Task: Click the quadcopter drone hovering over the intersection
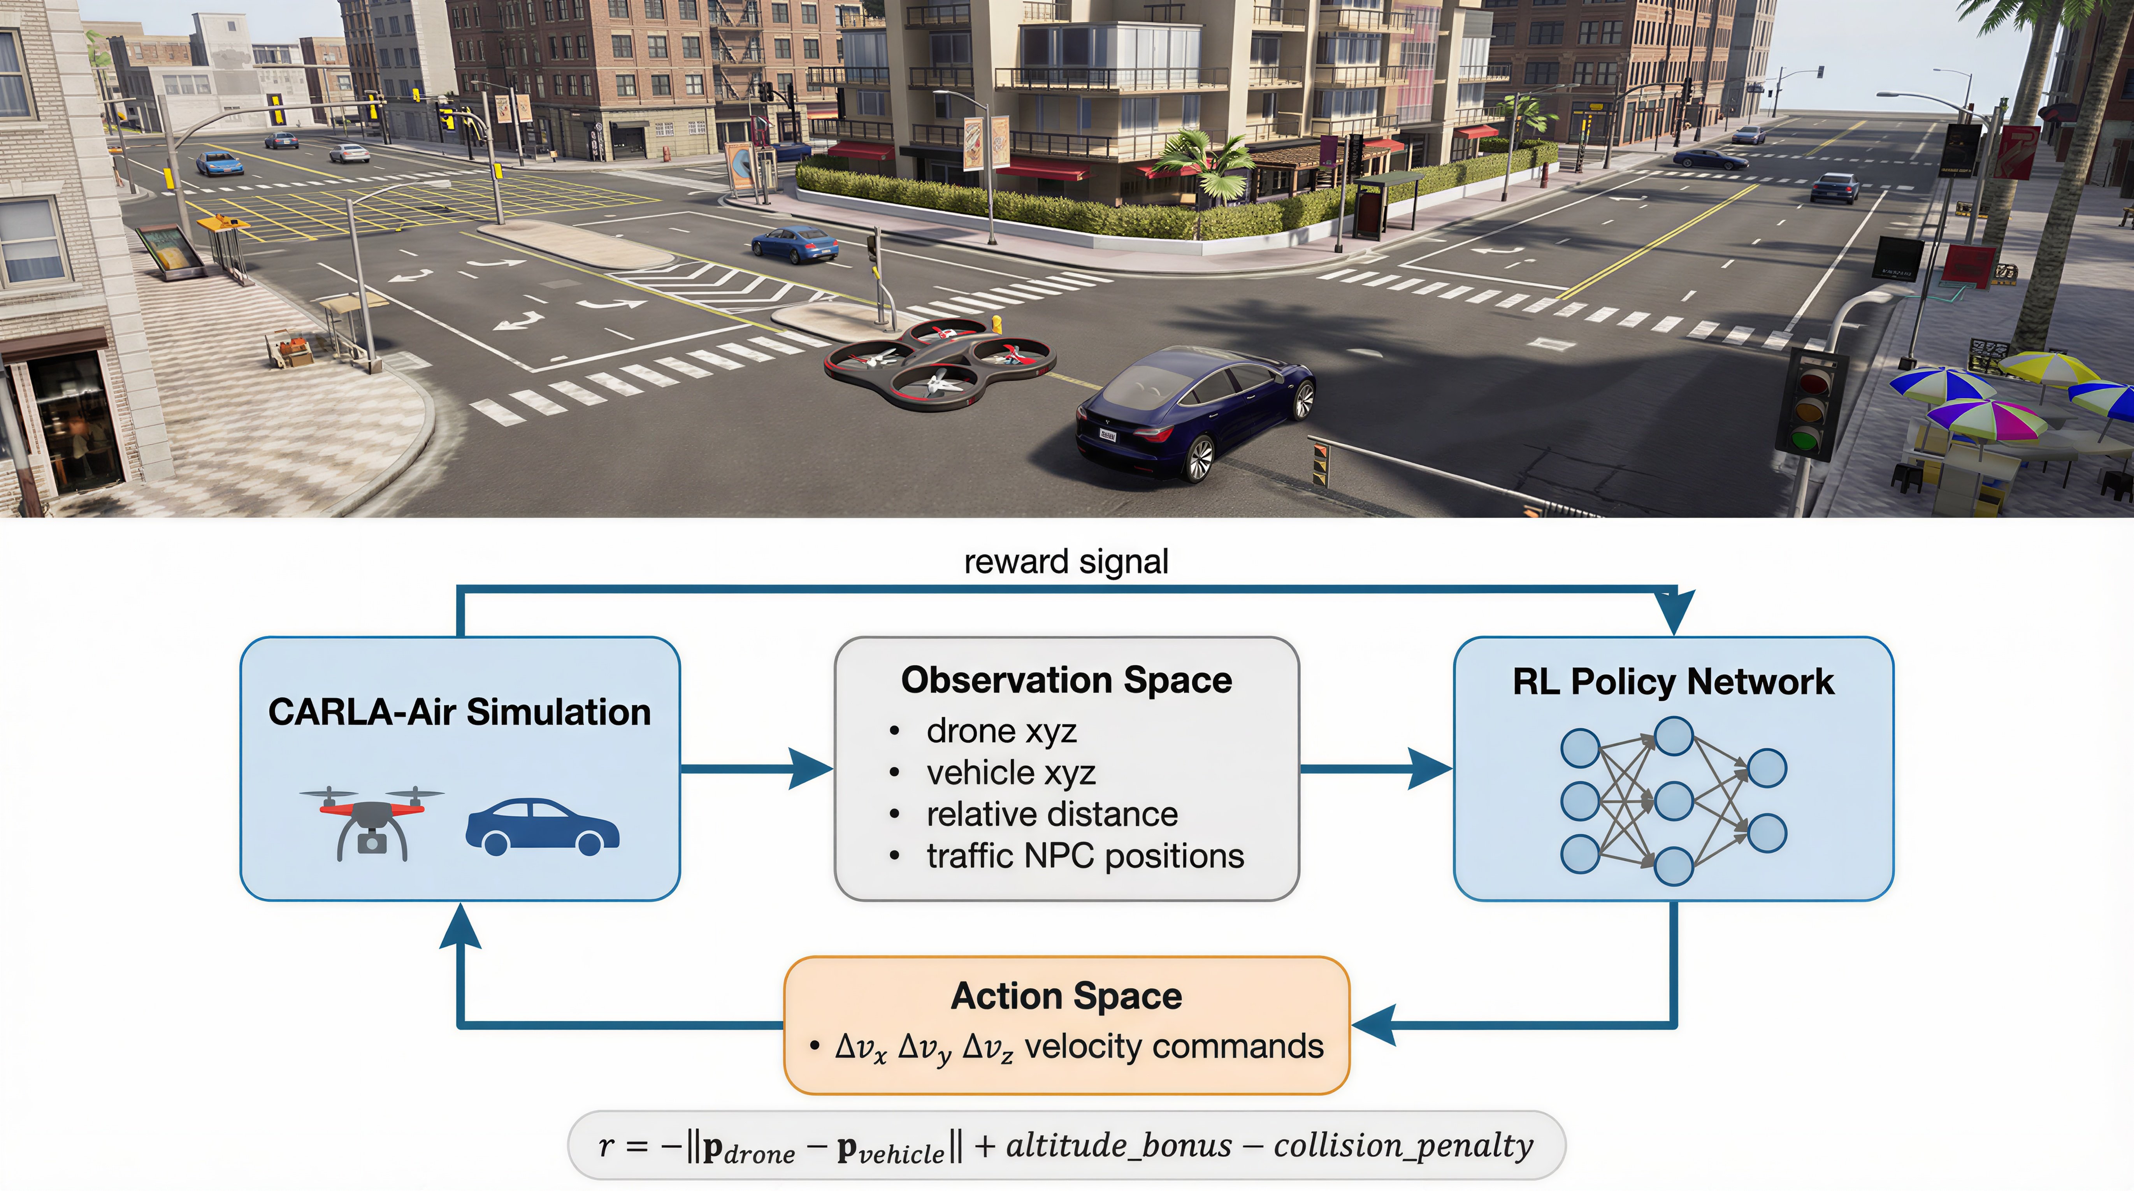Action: (940, 364)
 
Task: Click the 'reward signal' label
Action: (1066, 562)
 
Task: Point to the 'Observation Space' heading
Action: (1066, 680)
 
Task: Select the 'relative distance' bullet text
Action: (1052, 814)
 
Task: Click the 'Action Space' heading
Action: (1066, 996)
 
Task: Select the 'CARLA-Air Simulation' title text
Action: (460, 712)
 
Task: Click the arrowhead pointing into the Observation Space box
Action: (810, 769)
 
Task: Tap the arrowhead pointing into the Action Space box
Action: (1373, 1025)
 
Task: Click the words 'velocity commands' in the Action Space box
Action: (1174, 1047)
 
